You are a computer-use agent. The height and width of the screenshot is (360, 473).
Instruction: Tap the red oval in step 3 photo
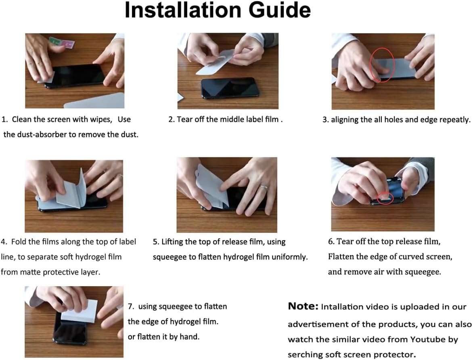[381, 65]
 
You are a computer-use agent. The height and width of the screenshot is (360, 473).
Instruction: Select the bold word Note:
[303, 306]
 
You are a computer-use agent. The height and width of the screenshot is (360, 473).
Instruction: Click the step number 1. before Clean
[5, 119]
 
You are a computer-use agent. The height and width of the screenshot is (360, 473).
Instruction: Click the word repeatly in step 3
[456, 120]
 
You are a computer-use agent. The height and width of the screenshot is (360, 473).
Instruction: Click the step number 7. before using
[131, 306]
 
